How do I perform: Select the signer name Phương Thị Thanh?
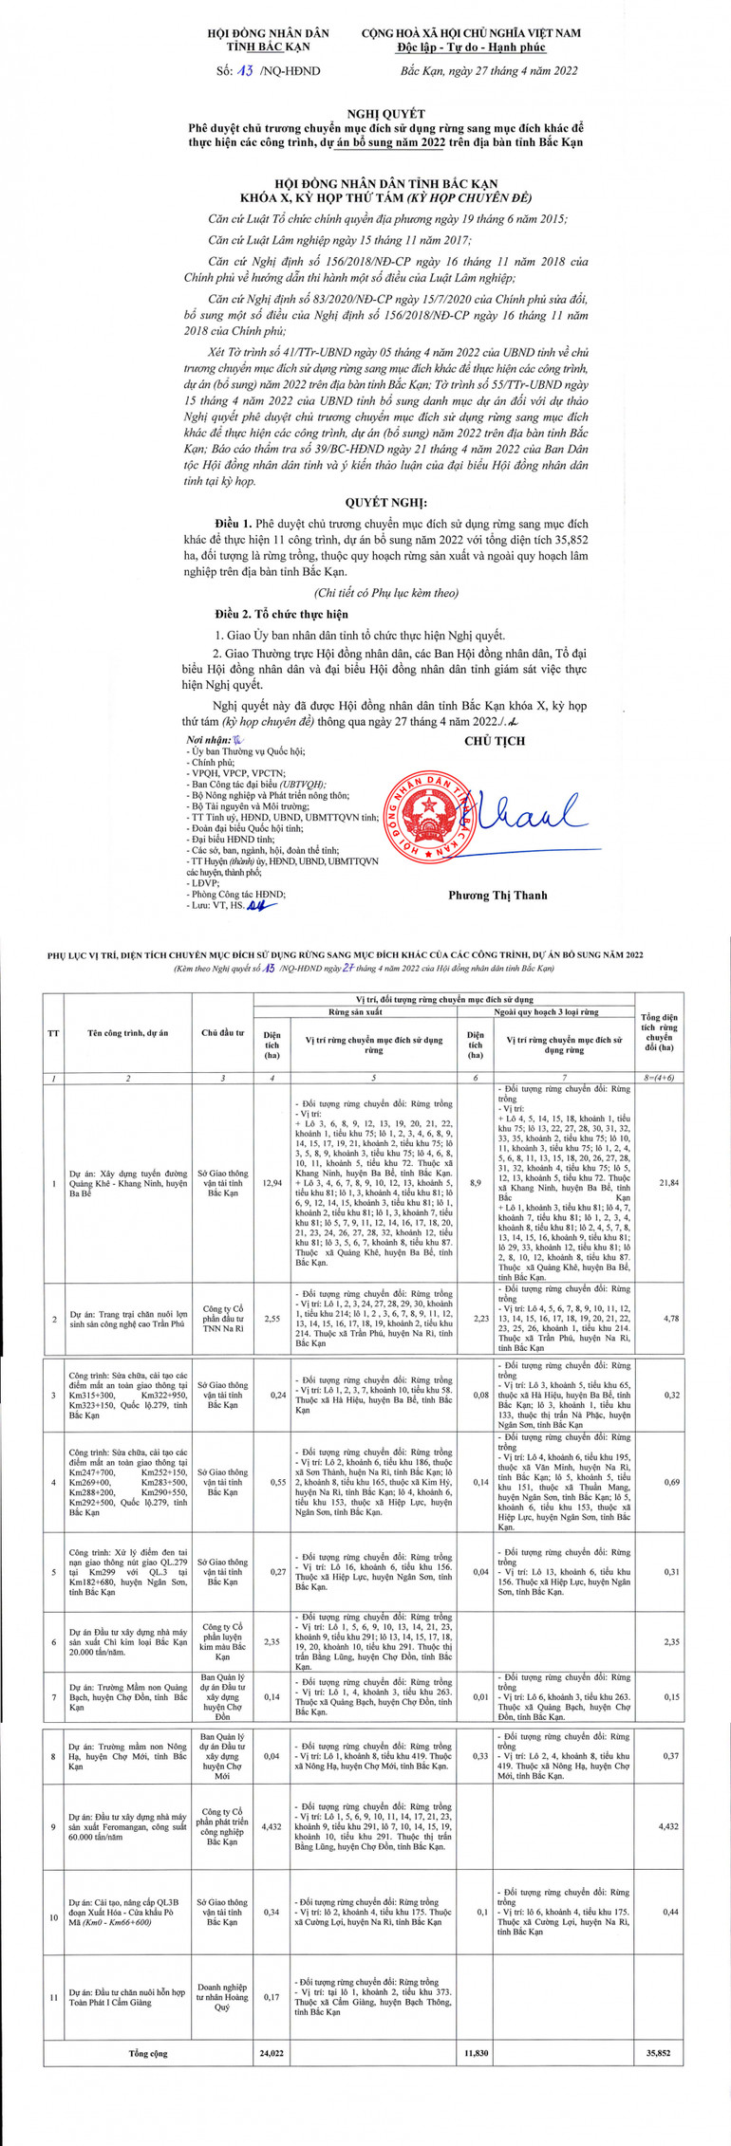(x=497, y=894)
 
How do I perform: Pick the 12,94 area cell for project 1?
(x=272, y=1184)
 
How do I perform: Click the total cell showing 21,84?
(x=659, y=1184)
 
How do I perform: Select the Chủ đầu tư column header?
(x=223, y=1032)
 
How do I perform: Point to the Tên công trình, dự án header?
(x=128, y=1032)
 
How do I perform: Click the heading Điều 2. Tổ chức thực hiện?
(x=281, y=615)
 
